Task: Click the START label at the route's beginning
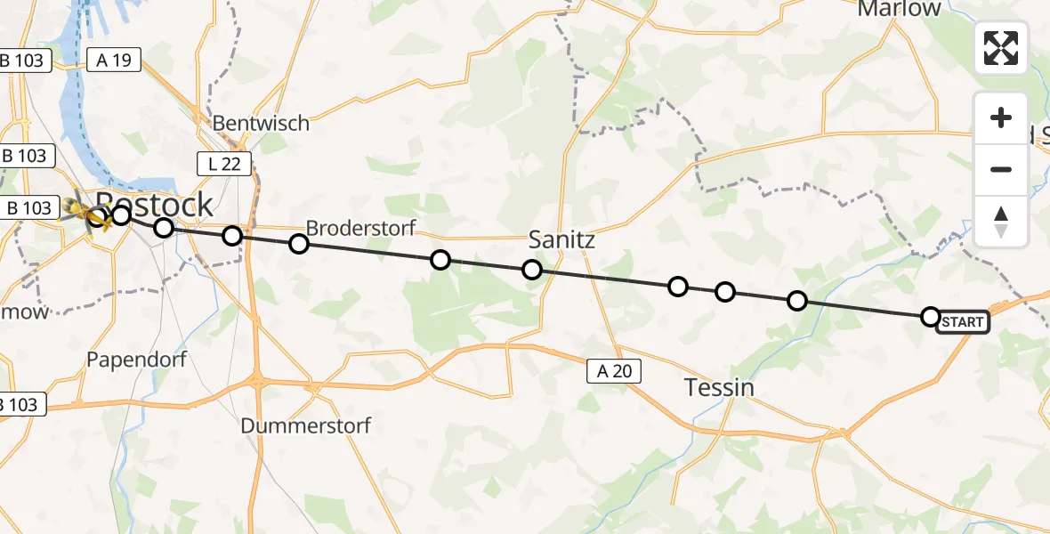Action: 963,321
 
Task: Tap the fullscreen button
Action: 1001,48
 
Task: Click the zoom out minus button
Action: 1001,170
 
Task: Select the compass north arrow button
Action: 1001,221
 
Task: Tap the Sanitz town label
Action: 561,239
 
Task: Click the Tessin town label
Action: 719,387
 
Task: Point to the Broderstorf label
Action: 360,228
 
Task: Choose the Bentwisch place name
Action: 261,123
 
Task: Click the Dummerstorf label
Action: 305,425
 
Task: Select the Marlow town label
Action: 899,9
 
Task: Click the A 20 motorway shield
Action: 614,371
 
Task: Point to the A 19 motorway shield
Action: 114,60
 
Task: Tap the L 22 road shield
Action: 224,163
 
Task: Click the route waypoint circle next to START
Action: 930,316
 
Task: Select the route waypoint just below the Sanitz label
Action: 531,269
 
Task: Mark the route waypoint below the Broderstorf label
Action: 299,244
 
